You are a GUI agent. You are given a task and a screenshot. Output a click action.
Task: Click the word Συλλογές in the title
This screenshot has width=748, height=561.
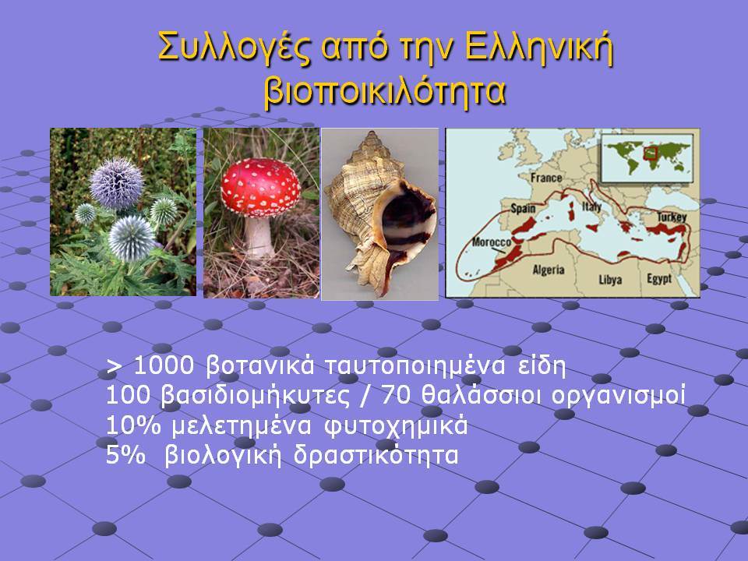(x=235, y=48)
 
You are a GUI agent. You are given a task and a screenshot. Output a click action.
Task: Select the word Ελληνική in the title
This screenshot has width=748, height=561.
(x=538, y=47)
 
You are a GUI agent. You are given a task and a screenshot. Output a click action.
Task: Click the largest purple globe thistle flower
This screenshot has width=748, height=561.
(x=116, y=182)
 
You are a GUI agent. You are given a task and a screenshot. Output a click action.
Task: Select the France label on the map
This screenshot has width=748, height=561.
(x=546, y=178)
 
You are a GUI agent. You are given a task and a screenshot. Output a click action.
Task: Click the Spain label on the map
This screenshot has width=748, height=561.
(x=524, y=209)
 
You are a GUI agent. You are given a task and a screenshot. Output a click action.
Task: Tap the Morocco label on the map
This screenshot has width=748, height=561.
(x=492, y=242)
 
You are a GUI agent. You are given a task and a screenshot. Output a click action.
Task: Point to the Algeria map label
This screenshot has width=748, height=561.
(x=549, y=270)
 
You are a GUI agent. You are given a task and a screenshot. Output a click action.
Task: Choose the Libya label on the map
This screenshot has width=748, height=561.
(x=610, y=279)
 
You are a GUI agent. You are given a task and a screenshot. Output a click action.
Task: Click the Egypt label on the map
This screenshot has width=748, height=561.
(x=659, y=279)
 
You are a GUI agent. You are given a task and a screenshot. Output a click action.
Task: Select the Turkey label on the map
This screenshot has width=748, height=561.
(x=672, y=217)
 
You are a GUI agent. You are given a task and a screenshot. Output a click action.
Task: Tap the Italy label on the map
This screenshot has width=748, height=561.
(x=591, y=207)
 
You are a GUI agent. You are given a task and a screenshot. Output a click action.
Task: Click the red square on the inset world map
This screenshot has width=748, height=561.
(x=650, y=153)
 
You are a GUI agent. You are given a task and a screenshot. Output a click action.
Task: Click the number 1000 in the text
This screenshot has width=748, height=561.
(x=164, y=366)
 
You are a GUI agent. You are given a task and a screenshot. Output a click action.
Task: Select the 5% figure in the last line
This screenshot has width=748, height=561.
(x=125, y=454)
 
